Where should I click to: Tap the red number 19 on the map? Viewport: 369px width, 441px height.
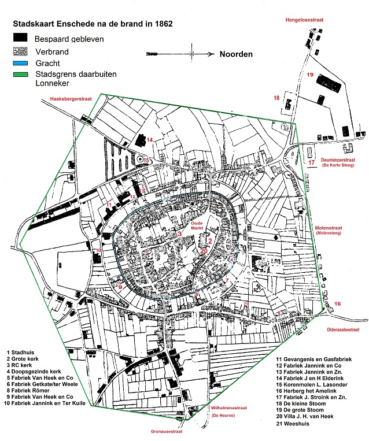pos(310,75)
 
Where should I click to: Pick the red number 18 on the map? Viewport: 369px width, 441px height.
pos(276,98)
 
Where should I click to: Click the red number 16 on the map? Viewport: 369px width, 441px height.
pos(338,303)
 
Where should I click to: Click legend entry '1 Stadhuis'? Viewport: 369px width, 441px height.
pos(23,351)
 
